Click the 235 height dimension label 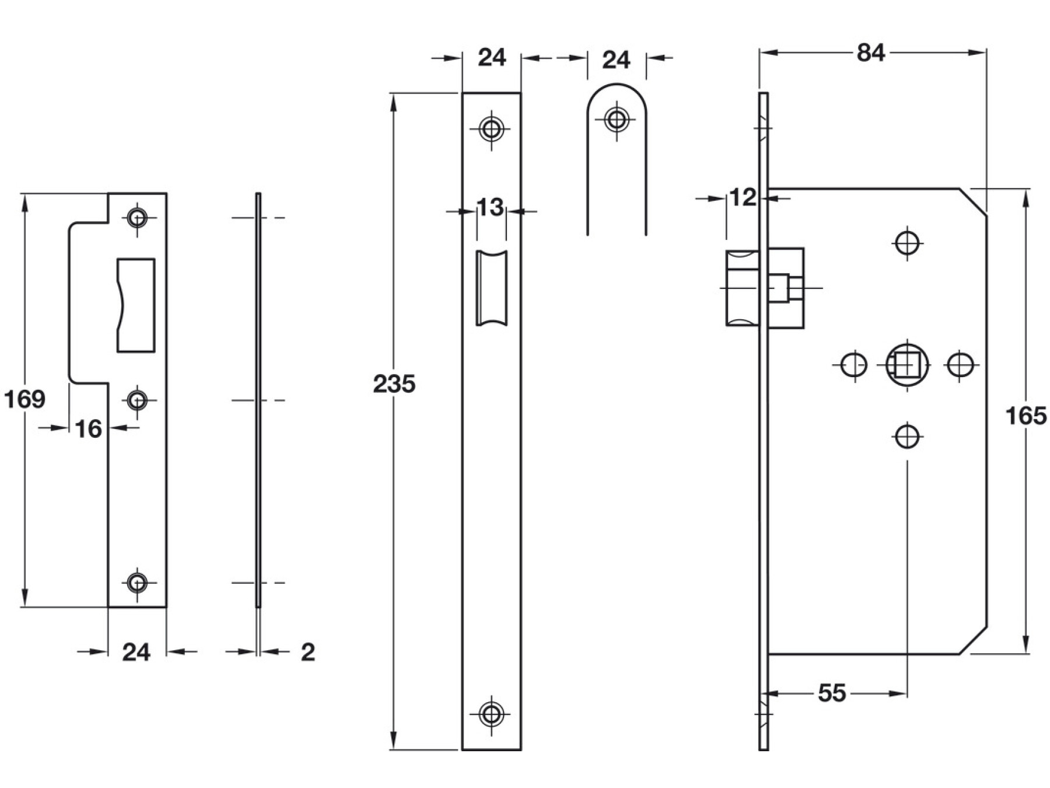pyautogui.click(x=394, y=384)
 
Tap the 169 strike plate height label pyautogui.click(x=24, y=400)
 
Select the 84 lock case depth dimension pyautogui.click(x=870, y=53)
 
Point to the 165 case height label pyautogui.click(x=1026, y=416)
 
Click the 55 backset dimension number pyautogui.click(x=831, y=693)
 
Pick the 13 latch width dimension pyautogui.click(x=490, y=207)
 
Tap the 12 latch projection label pyautogui.click(x=743, y=198)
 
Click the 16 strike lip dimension pyautogui.click(x=89, y=429)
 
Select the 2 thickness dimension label pyautogui.click(x=308, y=652)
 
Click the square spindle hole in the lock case pyautogui.click(x=907, y=365)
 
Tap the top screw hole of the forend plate pyautogui.click(x=491, y=128)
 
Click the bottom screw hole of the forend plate pyautogui.click(x=491, y=714)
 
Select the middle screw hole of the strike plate pyautogui.click(x=137, y=400)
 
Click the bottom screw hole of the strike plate pyautogui.click(x=137, y=583)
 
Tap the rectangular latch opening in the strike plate pyautogui.click(x=136, y=305)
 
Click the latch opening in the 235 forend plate pyautogui.click(x=491, y=288)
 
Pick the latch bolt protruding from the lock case pyautogui.click(x=742, y=288)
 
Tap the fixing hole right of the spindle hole pyautogui.click(x=960, y=365)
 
